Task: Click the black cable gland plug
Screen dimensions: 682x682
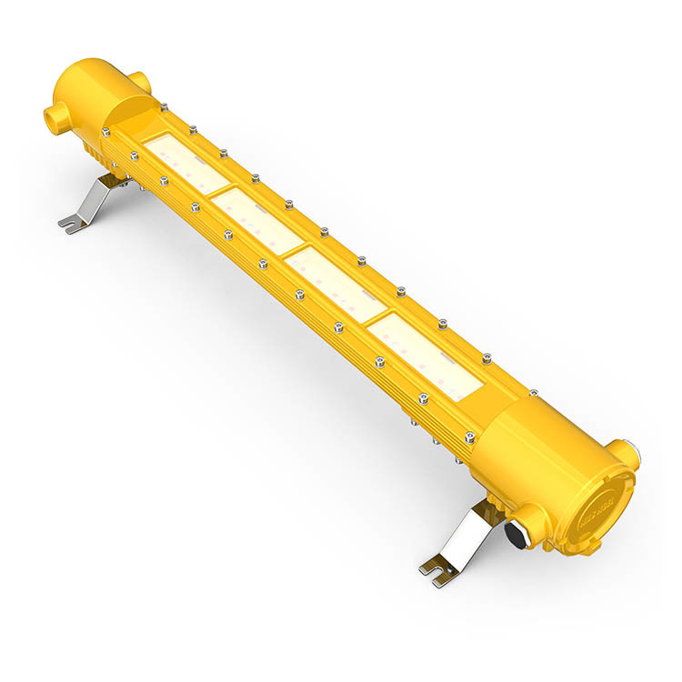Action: point(519,536)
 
